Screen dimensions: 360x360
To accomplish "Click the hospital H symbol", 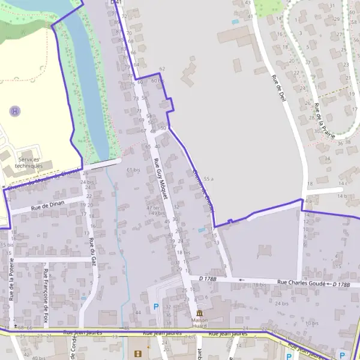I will tap(15, 111).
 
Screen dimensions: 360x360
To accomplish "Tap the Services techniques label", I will tap(31, 162).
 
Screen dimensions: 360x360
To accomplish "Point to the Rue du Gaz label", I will tap(92, 251).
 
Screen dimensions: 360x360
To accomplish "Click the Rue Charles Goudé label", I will tap(302, 283).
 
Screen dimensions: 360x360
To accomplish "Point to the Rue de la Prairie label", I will tap(325, 120).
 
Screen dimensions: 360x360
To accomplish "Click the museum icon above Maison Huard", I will tap(199, 313).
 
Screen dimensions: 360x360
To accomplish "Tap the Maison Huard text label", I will tap(199, 323).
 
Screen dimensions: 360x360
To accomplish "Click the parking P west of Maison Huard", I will tap(156, 307).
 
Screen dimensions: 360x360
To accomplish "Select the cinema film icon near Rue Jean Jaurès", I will tap(139, 354).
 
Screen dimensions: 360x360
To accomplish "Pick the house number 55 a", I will tap(209, 179).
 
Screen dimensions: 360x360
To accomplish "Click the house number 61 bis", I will tap(133, 170).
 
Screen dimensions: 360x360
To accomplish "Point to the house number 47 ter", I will tap(154, 208).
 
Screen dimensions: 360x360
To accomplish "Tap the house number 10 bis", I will tap(311, 323).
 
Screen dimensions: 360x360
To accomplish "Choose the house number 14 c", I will tap(343, 182).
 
